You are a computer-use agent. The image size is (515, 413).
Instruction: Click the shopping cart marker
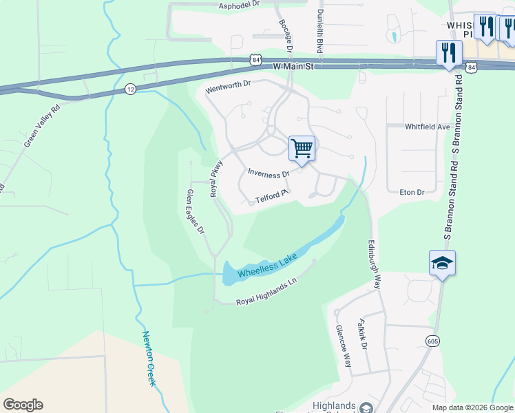[302, 148]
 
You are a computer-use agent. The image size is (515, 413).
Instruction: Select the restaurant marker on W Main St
[449, 53]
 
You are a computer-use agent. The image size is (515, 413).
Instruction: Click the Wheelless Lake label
[267, 266]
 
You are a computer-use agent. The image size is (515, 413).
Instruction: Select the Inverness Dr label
[269, 171]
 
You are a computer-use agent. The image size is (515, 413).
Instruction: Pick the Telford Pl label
[271, 198]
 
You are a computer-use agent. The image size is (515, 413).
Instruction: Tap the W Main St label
[293, 67]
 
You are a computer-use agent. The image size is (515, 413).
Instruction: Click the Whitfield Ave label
[427, 127]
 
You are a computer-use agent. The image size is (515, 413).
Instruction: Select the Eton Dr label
[412, 192]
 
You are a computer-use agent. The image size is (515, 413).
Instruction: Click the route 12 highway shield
[130, 89]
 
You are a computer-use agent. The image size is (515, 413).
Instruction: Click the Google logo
[23, 405]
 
